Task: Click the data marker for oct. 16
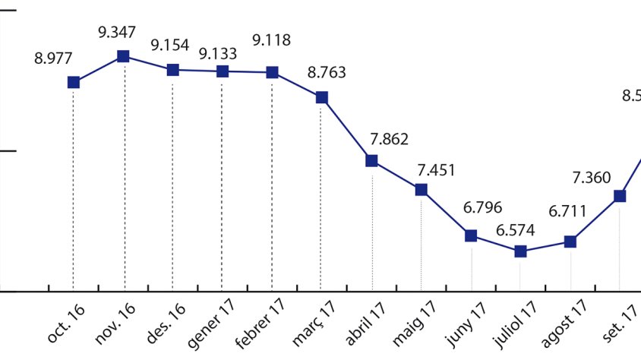point(73,82)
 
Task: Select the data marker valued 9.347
point(123,56)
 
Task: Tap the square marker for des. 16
point(172,70)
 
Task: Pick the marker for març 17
point(322,97)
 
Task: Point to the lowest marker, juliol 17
point(520,251)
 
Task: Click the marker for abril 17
point(371,160)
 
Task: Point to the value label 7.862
point(390,139)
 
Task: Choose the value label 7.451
point(437,169)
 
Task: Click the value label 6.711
point(567,210)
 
